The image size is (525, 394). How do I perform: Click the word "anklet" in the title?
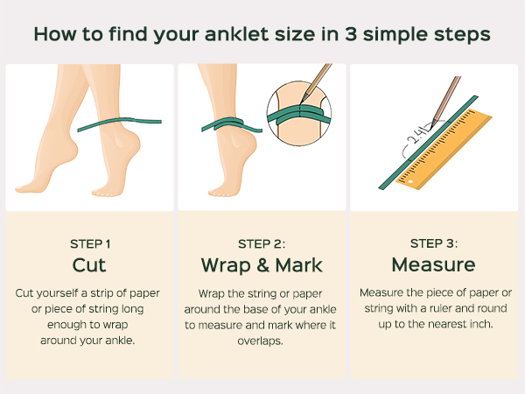237,34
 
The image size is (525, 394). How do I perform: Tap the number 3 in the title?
351,34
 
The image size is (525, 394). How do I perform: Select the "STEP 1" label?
90,244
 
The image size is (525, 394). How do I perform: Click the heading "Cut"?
89,265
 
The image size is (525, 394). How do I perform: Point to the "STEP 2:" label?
262,244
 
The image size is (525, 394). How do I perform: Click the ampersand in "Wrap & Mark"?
263,265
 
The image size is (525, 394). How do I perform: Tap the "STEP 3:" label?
434,243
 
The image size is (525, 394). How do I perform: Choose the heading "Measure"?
434,264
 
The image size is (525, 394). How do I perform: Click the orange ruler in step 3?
444,149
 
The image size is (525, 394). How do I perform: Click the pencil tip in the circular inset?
301,102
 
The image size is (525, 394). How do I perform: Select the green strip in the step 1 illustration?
120,123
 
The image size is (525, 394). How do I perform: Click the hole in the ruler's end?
411,182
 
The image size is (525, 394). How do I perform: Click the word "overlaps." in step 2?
260,341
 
